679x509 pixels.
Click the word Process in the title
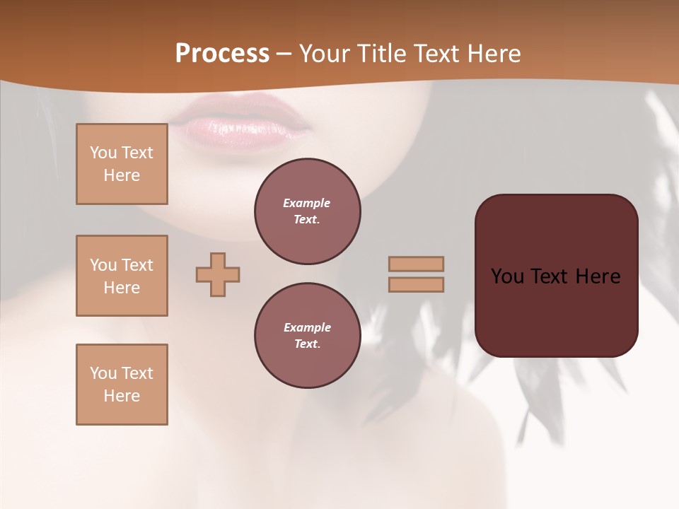(222, 54)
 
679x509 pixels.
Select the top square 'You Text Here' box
(122, 164)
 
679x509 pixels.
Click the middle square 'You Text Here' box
(122, 276)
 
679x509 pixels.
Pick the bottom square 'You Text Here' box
(122, 385)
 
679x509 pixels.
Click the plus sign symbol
(218, 274)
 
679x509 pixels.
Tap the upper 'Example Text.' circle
(308, 211)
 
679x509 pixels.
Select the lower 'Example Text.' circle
(308, 336)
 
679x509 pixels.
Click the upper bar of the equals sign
(416, 264)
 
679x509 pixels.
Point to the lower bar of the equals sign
(416, 284)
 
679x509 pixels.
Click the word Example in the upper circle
(306, 203)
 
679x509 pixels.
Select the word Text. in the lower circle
(307, 344)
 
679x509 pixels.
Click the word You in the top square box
(103, 153)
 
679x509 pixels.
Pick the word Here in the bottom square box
(122, 396)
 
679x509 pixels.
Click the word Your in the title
(323, 54)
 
